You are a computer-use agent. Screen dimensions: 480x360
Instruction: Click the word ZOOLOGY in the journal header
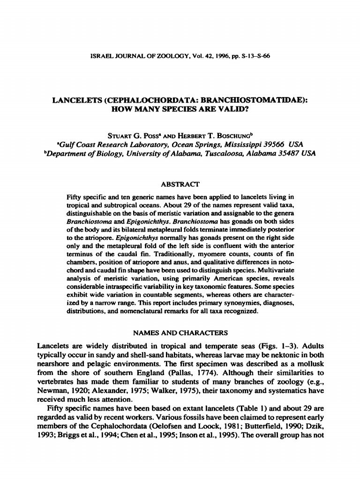pyautogui.click(x=160, y=56)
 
